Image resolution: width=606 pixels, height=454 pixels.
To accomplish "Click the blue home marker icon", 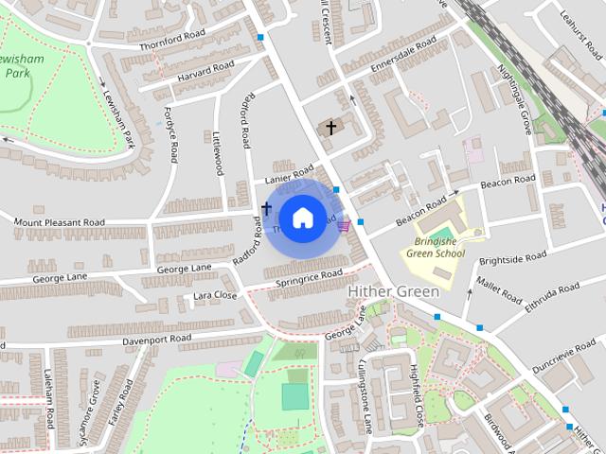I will pyautogui.click(x=302, y=218).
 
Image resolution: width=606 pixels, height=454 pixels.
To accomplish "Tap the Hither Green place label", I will pyautogui.click(x=393, y=292).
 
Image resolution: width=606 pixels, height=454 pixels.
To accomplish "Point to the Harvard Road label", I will pyautogui.click(x=205, y=71).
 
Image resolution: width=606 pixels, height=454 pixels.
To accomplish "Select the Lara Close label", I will pyautogui.click(x=215, y=296).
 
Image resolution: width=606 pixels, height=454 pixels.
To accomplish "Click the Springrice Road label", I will pyautogui.click(x=308, y=277).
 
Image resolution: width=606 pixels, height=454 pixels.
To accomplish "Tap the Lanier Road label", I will pyautogui.click(x=289, y=177).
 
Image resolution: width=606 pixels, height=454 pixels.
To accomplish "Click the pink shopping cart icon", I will pyautogui.click(x=343, y=224).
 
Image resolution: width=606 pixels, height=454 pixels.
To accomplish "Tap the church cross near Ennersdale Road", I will pyautogui.click(x=331, y=126).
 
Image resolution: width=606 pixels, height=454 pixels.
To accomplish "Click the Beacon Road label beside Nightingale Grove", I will pyautogui.click(x=508, y=182).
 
